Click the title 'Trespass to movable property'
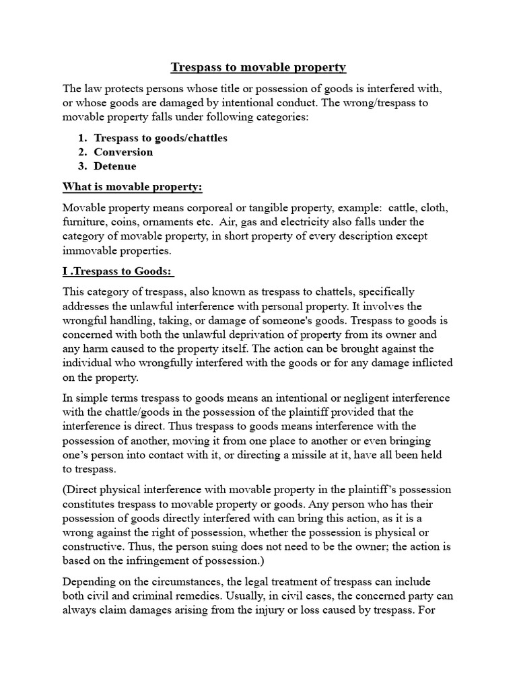click(258, 67)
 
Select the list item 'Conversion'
click(123, 152)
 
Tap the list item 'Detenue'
click(114, 166)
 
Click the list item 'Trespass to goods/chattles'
click(160, 138)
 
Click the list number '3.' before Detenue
click(84, 166)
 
